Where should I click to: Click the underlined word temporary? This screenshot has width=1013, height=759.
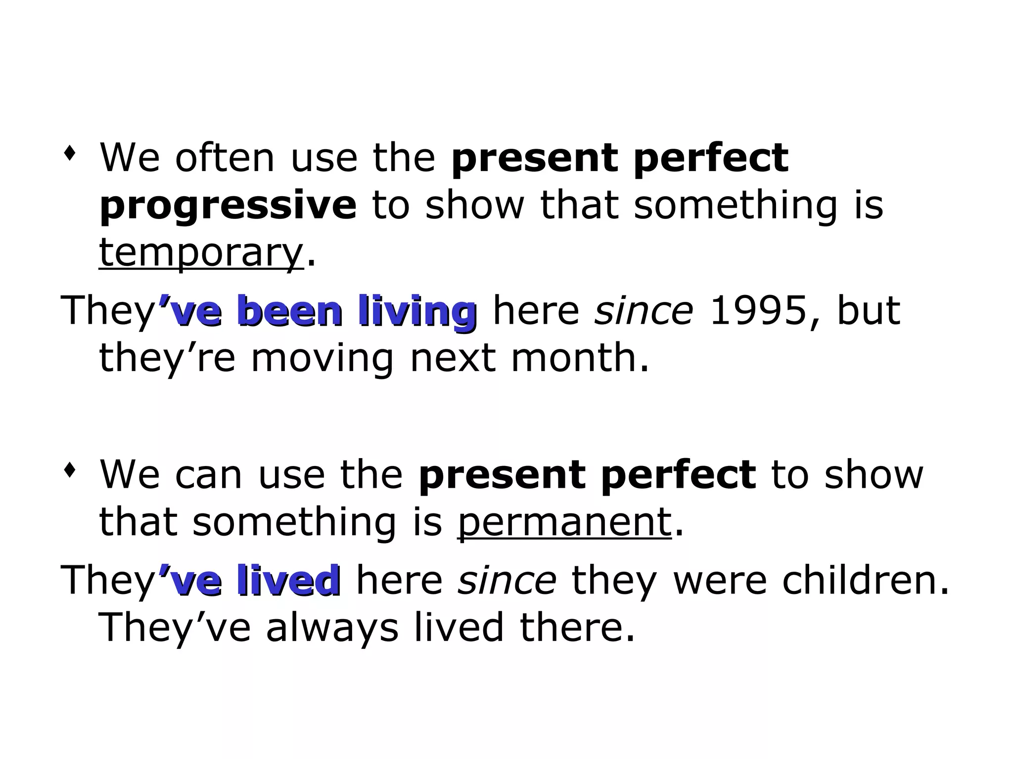pyautogui.click(x=201, y=253)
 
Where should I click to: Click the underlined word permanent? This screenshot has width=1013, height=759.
pyautogui.click(x=564, y=522)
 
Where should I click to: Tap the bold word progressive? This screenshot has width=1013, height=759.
pyautogui.click(x=228, y=206)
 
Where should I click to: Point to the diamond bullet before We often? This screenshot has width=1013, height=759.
pyautogui.click(x=70, y=154)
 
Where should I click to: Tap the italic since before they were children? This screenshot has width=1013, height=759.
pyautogui.click(x=507, y=580)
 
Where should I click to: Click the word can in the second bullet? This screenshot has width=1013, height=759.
pyautogui.click(x=208, y=475)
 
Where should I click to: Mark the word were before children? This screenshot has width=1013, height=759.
pyautogui.click(x=719, y=580)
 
